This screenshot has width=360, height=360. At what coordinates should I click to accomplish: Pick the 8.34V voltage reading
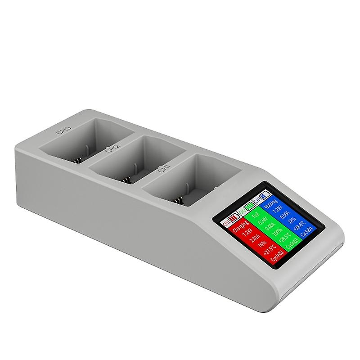(260, 225)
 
